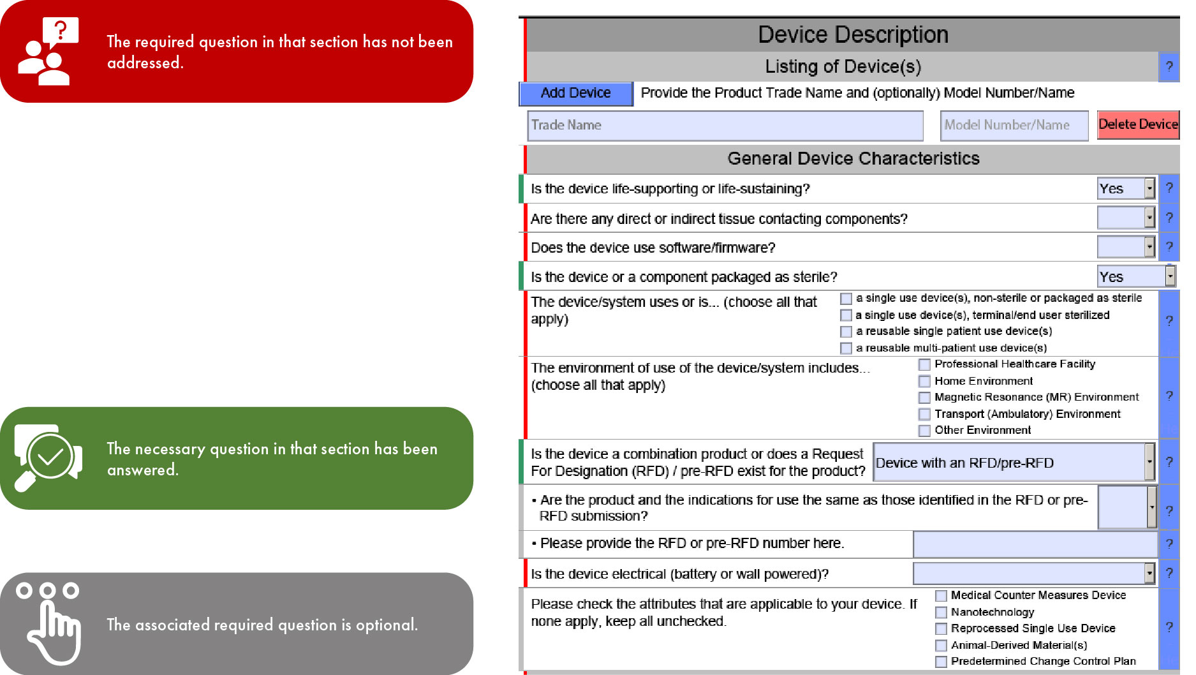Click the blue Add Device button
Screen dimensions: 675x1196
pos(575,93)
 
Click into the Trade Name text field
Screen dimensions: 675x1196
pos(725,125)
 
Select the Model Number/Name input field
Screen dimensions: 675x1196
pos(1014,125)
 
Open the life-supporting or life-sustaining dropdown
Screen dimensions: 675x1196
pos(1126,188)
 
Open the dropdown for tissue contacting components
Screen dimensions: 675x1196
pos(1126,218)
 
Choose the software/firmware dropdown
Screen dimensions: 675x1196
pos(1126,247)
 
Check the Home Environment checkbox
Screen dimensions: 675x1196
pos(924,382)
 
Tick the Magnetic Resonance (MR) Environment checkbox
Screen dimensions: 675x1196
pos(924,397)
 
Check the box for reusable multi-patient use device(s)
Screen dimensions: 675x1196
pos(846,348)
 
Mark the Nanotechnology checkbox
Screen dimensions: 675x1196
pos(941,612)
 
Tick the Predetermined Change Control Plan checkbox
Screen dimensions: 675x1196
pos(941,662)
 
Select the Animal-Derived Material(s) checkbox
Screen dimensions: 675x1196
pos(941,646)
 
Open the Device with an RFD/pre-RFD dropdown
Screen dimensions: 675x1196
pos(1014,463)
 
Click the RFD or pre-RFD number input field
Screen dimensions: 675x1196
pos(1035,544)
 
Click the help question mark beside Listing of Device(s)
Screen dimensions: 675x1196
pos(1169,66)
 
